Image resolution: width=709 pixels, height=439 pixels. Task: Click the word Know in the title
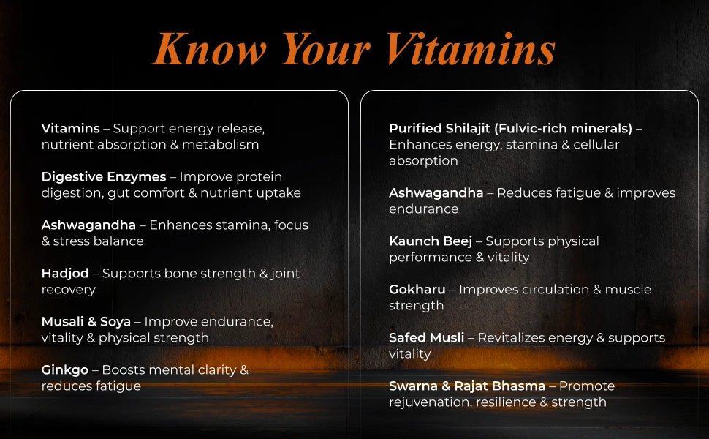pos(210,49)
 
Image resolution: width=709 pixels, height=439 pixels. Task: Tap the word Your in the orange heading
pos(326,49)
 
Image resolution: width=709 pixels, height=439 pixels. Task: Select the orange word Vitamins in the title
pos(471,49)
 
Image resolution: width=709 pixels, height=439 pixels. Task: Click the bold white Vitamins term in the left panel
pos(71,129)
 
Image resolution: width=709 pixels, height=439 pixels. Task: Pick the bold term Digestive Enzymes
pos(104,177)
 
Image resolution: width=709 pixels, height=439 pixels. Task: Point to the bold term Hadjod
pos(65,274)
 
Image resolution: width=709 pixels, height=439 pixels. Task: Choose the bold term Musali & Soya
pos(86,322)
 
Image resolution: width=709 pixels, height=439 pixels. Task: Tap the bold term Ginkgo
pos(64,370)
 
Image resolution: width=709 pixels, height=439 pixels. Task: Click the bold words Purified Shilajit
pos(439,129)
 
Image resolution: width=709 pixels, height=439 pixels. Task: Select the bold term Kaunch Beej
pos(431,241)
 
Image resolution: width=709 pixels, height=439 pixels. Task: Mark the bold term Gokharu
pos(417,290)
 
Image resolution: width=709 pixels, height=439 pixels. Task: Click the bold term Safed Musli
pos(426,338)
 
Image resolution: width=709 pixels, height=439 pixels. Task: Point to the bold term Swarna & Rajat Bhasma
pos(467,386)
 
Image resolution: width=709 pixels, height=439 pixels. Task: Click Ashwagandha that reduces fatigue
pos(436,193)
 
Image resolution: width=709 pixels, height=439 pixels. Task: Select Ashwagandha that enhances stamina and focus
pos(88,225)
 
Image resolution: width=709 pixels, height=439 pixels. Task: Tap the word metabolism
pos(221,145)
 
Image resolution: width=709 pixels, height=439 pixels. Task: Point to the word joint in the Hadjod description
pos(285,274)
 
